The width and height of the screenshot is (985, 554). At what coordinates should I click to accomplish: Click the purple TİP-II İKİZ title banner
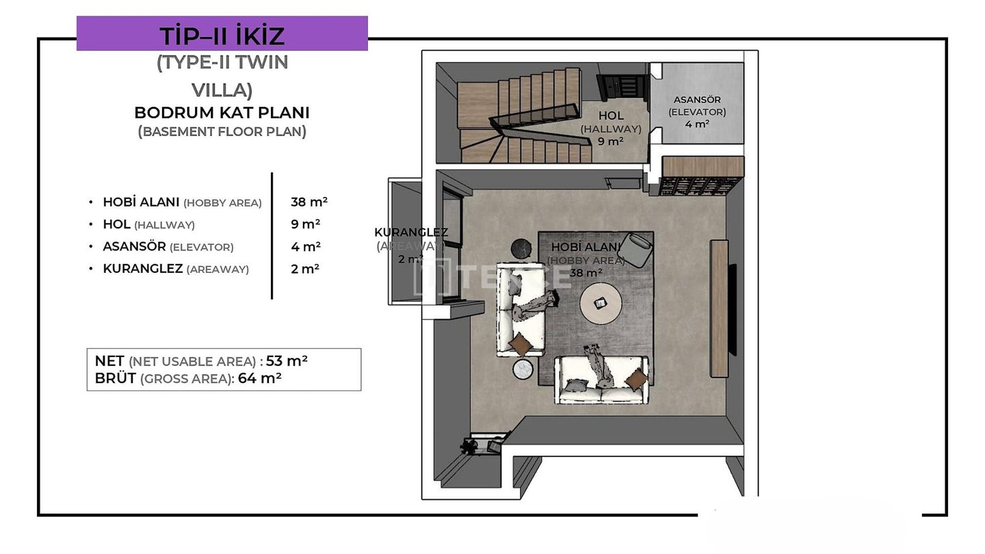222,34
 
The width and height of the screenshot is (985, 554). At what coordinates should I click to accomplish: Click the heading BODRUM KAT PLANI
222,113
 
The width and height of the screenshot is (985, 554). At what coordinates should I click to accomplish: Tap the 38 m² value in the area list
309,202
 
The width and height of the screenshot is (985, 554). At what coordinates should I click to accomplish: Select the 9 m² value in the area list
306,224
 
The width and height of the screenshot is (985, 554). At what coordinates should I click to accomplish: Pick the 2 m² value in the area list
306,269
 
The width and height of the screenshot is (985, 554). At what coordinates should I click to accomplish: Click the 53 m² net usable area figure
287,360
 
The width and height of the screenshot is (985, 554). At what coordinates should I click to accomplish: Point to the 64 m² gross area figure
259,378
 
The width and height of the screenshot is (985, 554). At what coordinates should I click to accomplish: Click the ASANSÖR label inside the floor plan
697,100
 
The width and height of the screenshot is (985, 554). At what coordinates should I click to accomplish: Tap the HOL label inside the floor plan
611,116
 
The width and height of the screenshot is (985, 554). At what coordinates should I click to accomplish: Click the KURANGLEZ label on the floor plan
411,232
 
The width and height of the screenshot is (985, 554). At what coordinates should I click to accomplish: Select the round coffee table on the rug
601,304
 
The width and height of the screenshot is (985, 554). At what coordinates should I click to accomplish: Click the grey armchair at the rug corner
635,250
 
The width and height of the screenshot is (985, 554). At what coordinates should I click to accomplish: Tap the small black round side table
521,249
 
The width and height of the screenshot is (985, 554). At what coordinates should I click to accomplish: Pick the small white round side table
523,369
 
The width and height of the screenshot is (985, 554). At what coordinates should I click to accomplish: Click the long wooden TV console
720,308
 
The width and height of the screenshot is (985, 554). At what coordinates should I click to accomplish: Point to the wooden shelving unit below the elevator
702,175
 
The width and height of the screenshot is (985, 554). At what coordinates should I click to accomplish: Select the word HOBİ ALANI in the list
141,202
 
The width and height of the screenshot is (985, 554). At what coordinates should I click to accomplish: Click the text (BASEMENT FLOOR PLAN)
222,131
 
